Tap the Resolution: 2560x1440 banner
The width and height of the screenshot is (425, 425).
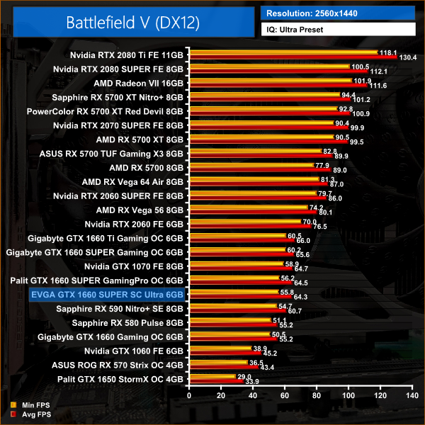point(337,13)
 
